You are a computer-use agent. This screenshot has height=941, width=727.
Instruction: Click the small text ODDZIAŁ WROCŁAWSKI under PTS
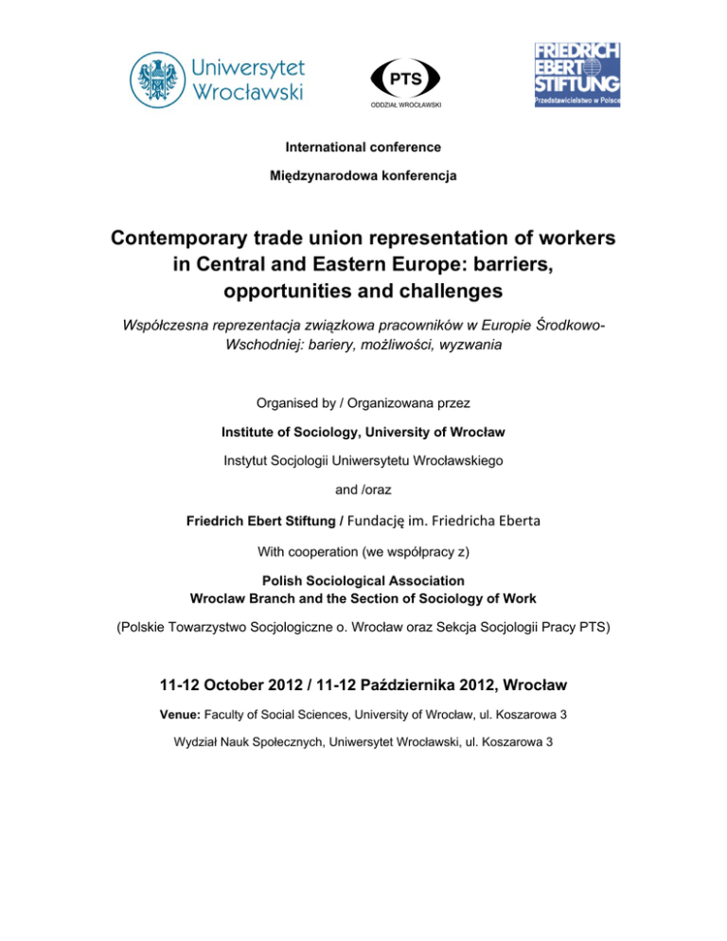tap(392, 104)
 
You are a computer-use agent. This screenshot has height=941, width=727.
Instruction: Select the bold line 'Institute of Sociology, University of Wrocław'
tap(363, 433)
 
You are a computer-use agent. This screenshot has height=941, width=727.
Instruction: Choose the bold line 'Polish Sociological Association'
tap(363, 583)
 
